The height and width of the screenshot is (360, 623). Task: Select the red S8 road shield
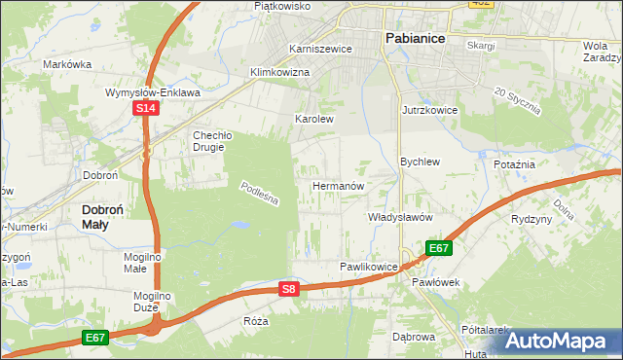[x=288, y=289]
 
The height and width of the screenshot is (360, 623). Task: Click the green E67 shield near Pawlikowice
[x=439, y=248]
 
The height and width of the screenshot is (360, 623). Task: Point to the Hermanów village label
[x=338, y=185]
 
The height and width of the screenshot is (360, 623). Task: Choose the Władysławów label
[x=399, y=218]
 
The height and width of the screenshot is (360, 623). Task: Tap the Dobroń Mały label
[x=107, y=215]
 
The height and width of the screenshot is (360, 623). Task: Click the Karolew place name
[x=314, y=120]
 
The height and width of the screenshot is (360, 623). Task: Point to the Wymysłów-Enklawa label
[x=153, y=93]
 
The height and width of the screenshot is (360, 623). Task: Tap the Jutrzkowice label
[x=429, y=111]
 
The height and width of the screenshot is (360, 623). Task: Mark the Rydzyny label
[x=531, y=219]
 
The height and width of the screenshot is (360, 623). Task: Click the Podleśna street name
[x=260, y=193]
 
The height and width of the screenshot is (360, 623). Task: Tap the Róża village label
[x=257, y=320]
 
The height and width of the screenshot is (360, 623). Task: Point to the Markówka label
[x=67, y=64]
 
